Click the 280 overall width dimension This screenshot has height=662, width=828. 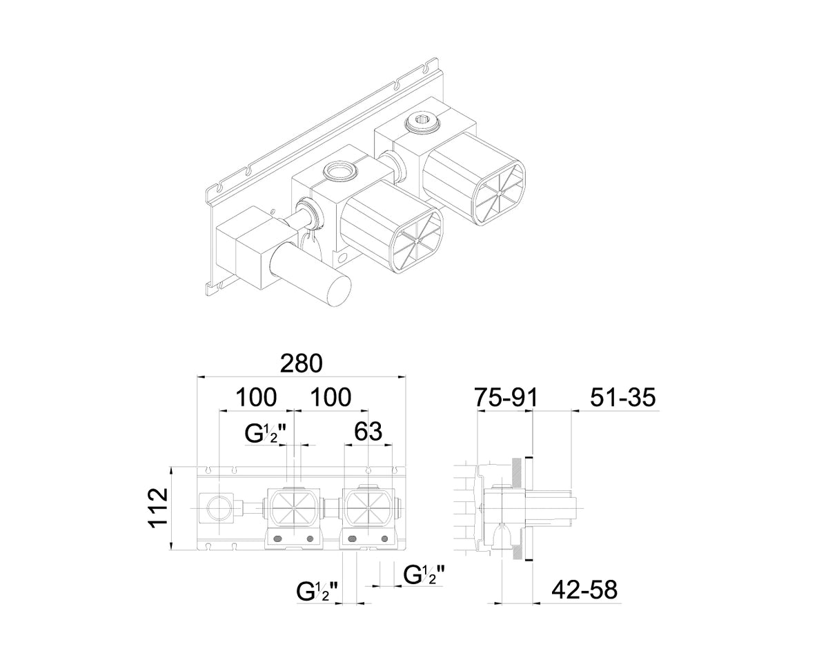301,363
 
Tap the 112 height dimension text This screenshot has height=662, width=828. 158,508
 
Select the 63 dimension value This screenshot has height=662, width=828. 368,431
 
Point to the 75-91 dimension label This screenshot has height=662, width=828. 506,397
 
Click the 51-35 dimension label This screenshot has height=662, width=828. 623,397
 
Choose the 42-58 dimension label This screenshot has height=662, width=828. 584,600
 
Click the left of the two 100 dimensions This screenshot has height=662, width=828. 256,397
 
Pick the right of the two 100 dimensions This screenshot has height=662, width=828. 331,397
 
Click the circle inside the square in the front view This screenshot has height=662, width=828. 218,508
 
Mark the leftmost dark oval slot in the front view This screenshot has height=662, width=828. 277,539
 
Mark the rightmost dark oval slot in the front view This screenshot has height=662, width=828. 384,539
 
